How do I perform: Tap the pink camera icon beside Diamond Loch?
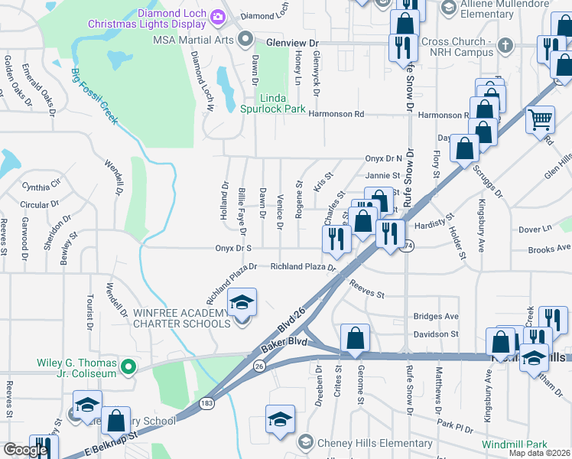[x=219, y=15]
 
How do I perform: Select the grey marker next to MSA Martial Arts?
[x=245, y=38]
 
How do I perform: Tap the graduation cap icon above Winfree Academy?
[x=242, y=302]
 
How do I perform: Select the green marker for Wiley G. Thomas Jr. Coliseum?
[x=129, y=368]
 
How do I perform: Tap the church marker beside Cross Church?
[x=504, y=45]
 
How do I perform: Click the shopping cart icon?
[x=541, y=119]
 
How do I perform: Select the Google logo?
[x=27, y=450]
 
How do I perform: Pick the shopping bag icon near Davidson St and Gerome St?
[x=356, y=338]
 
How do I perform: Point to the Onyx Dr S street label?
[x=233, y=249]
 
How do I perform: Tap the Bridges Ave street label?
[x=435, y=316]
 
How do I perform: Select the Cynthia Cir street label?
[x=41, y=186]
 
